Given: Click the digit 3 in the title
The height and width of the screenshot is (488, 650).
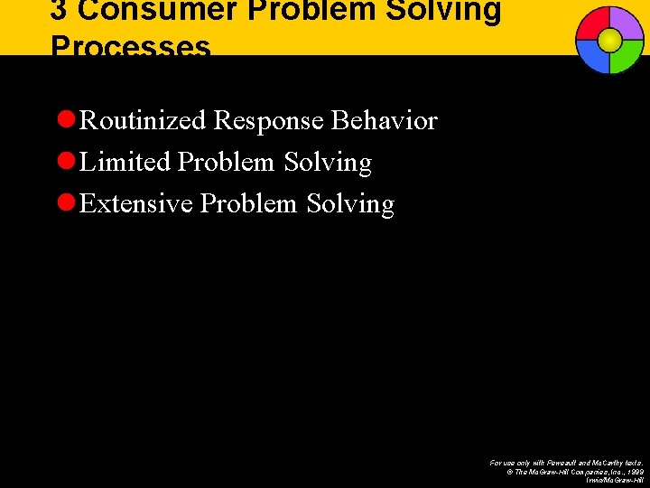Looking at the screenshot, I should click(x=58, y=11).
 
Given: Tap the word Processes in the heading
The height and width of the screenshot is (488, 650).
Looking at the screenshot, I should click(x=131, y=46).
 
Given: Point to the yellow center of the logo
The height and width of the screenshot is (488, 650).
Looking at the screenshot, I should click(x=610, y=40).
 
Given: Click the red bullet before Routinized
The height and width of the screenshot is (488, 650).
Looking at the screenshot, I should click(x=65, y=120).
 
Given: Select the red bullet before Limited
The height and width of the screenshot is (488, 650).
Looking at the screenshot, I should click(x=65, y=162).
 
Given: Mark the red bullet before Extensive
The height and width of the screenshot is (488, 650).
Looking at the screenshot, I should click(x=65, y=203).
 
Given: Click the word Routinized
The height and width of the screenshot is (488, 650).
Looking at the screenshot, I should click(x=144, y=120).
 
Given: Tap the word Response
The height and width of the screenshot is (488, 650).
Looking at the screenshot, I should click(x=269, y=121).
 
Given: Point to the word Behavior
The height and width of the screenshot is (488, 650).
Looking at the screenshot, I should click(x=385, y=120).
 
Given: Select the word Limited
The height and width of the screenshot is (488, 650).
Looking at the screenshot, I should click(x=125, y=163).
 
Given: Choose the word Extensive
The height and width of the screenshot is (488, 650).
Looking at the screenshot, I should click(x=136, y=203).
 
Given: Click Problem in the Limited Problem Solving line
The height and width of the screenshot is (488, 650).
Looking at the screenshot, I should click(x=227, y=163).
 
